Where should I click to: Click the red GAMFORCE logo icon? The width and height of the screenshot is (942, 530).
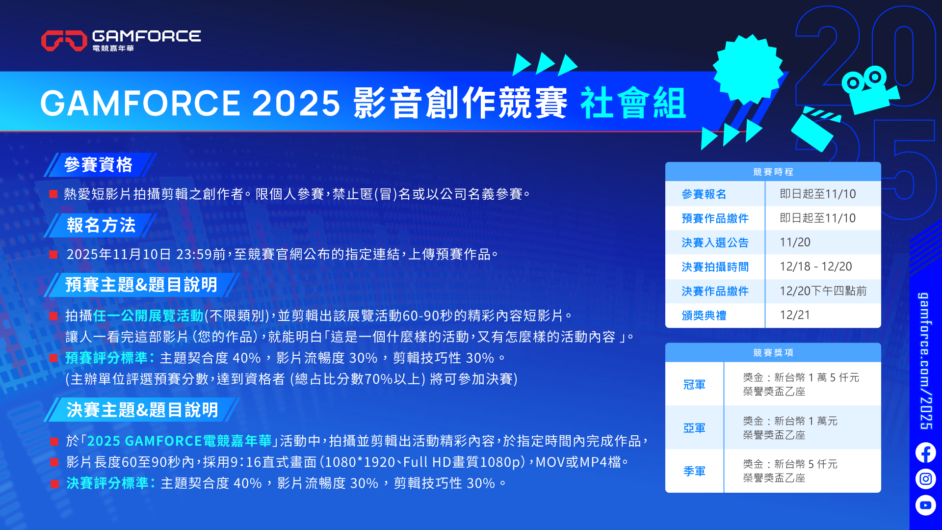[64, 40]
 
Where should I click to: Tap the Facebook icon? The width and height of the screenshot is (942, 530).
[925, 452]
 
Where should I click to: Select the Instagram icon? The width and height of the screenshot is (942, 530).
[925, 478]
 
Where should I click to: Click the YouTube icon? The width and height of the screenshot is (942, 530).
[925, 505]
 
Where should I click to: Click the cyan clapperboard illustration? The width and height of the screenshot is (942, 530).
[814, 130]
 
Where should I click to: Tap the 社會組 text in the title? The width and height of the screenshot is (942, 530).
[633, 104]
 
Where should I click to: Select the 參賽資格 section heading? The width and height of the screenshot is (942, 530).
[98, 165]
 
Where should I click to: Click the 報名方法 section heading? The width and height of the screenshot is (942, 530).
[101, 225]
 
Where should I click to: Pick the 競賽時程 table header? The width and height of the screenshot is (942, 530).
[773, 172]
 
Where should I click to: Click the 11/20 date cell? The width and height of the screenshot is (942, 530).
[795, 242]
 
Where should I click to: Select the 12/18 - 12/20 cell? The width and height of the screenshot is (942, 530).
[816, 266]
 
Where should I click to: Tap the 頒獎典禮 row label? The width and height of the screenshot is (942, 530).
[704, 316]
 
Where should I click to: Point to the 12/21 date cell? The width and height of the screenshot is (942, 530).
[795, 315]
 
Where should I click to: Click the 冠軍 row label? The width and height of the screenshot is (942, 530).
[694, 385]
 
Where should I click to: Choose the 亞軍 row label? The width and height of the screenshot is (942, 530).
[694, 428]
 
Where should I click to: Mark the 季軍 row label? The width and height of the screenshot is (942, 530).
[694, 471]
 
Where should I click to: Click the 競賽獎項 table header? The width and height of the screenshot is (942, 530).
[773, 352]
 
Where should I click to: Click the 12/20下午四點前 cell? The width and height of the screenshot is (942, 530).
[823, 291]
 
